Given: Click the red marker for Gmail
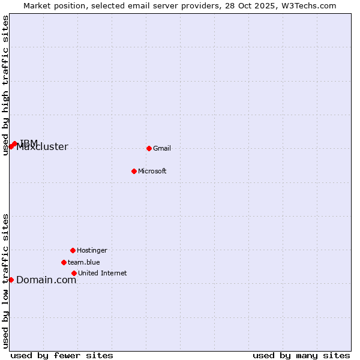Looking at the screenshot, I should [x=149, y=148].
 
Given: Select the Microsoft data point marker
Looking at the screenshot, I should [x=134, y=171].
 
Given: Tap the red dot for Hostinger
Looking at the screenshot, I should [x=73, y=250].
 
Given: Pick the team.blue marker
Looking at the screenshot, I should [x=64, y=262].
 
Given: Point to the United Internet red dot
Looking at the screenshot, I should [x=74, y=273].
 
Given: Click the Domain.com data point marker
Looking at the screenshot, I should [x=11, y=280].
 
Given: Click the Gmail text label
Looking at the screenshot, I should [x=162, y=148].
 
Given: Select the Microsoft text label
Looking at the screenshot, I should [x=152, y=171].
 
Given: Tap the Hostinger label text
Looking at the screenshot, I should [x=92, y=250].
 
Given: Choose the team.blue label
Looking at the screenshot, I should [x=84, y=262].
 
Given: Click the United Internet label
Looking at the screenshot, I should [x=103, y=273].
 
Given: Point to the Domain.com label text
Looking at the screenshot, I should [x=46, y=280].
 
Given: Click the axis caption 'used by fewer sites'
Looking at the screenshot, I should [x=62, y=355].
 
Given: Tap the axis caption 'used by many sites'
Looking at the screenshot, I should [x=301, y=355].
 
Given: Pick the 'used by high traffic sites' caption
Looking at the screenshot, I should [x=6, y=85].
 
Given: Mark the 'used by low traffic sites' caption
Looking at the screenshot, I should [x=6, y=280].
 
